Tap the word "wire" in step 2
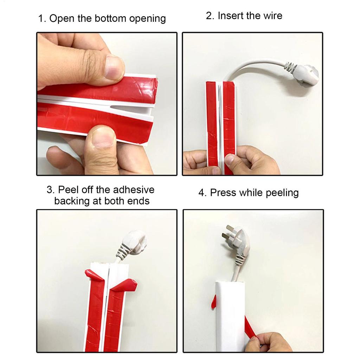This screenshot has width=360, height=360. tap(273, 15)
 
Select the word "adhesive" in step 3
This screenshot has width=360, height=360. tap(134, 189)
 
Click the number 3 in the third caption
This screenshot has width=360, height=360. tap(50, 190)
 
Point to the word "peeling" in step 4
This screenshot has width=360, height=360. tap(282, 193)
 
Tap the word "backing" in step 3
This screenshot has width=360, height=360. tap(72, 201)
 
